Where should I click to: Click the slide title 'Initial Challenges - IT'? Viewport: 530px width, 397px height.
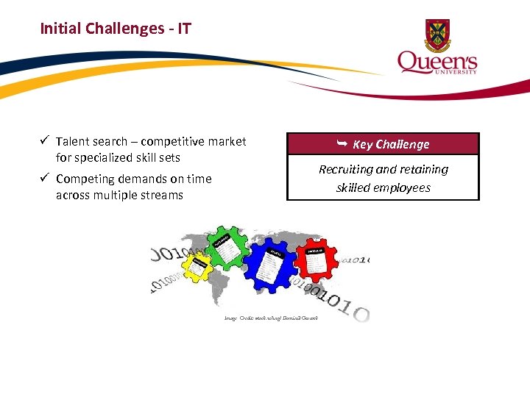(x=116, y=29)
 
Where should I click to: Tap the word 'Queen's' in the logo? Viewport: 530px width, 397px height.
(x=437, y=62)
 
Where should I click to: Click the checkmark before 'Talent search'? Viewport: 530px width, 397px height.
(x=45, y=141)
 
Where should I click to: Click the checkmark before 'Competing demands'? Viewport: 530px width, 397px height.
(x=45, y=179)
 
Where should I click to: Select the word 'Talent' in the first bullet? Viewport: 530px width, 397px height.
(x=71, y=142)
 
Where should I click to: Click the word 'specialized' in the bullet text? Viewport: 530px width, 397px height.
(x=103, y=158)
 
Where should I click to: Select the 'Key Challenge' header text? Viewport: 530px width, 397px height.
(x=391, y=145)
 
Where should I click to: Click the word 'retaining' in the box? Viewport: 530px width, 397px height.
(x=423, y=170)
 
